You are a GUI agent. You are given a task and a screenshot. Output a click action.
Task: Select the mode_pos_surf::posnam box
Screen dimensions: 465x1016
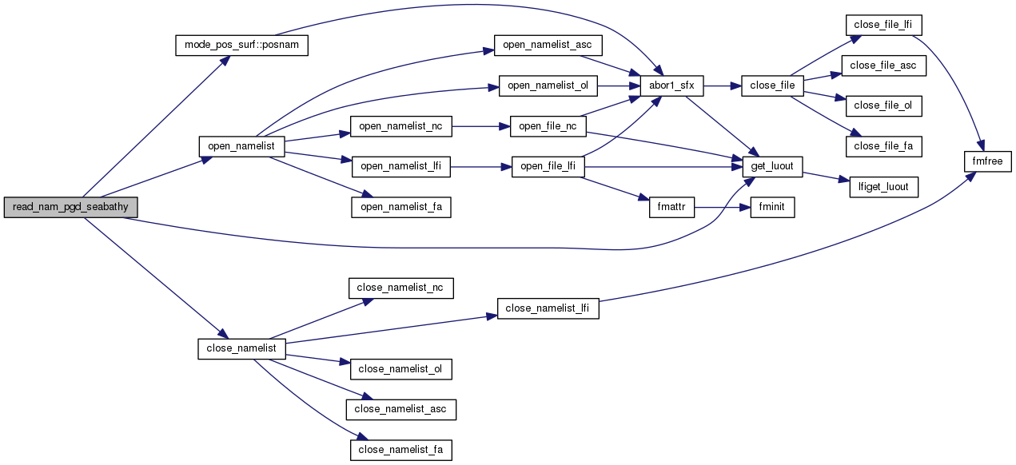(241, 45)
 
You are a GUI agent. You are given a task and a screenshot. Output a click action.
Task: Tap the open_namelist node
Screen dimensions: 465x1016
(241, 146)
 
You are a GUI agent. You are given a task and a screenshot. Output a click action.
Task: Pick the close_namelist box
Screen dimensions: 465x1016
(241, 348)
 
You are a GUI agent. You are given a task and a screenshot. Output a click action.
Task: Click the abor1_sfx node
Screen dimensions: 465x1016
(671, 85)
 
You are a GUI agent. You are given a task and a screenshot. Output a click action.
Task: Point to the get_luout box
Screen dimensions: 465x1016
(772, 166)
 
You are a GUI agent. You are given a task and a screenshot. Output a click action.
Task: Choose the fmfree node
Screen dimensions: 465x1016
(988, 162)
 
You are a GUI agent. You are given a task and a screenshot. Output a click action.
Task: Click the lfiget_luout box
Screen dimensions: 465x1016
(883, 188)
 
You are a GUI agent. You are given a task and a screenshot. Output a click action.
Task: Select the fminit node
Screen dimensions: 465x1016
(771, 208)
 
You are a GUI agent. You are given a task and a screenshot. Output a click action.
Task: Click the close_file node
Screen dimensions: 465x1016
(772, 85)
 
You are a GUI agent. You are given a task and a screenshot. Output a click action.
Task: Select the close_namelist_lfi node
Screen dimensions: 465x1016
(548, 308)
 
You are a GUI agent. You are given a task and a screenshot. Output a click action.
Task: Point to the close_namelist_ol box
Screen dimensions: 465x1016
(401, 369)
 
